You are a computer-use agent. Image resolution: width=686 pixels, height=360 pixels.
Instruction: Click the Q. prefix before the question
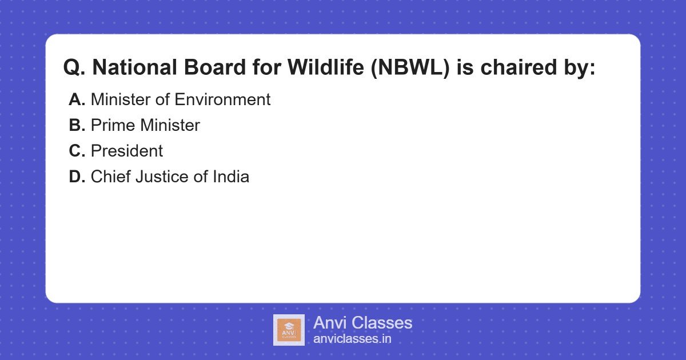pos(74,68)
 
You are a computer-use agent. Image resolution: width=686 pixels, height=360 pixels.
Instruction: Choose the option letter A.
pos(77,99)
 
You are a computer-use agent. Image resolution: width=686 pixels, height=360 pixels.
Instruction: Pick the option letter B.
pos(77,125)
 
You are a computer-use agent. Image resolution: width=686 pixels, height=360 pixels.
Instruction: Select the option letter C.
pos(77,151)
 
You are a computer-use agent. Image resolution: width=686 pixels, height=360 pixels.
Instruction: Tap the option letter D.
pos(77,177)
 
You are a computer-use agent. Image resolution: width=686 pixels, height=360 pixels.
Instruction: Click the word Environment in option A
pos(222,99)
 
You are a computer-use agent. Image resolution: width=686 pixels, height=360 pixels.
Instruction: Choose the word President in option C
pos(127,151)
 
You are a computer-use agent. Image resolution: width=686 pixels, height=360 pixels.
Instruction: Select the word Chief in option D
pos(110,177)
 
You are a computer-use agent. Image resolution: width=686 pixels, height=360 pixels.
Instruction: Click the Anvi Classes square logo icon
pos(289,330)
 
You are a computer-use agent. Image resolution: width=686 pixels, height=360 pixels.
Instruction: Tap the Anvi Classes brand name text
pos(362,323)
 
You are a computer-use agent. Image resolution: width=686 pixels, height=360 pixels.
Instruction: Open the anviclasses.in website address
pos(352,339)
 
